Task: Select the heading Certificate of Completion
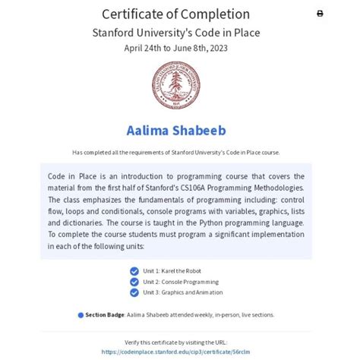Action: [x=180, y=14]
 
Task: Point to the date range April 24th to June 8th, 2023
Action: [x=180, y=48]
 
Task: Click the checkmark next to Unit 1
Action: [x=135, y=271]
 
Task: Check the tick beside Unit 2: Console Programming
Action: [x=135, y=282]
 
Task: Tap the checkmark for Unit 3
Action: [x=135, y=292]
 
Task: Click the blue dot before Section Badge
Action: [x=81, y=314]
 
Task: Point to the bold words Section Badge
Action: [x=104, y=314]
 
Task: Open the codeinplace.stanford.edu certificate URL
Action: [x=180, y=352]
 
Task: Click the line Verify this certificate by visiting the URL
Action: [x=180, y=343]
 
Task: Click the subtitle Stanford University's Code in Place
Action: [x=180, y=33]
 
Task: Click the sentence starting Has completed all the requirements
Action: [x=180, y=152]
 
